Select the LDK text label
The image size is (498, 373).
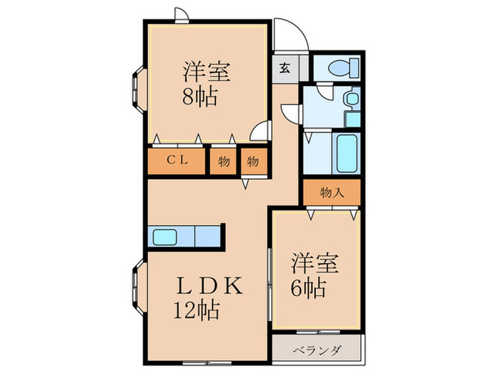click(211, 286)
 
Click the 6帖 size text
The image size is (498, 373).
click(308, 288)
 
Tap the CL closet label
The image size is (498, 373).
click(178, 161)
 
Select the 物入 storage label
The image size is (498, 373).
click(332, 192)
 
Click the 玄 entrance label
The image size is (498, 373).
click(284, 69)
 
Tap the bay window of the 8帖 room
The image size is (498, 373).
click(137, 86)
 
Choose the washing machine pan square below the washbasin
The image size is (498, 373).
click(351, 117)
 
